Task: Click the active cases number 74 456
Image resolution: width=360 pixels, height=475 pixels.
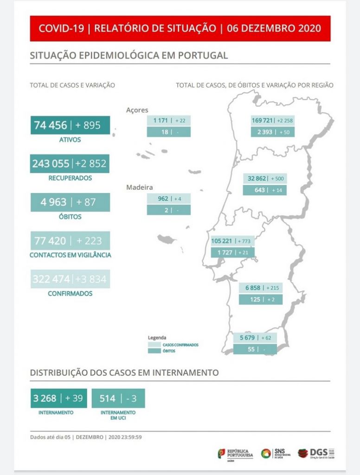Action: (x=51, y=125)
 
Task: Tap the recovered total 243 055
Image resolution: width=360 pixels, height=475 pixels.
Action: (x=51, y=163)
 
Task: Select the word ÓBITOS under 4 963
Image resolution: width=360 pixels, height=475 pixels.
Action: (x=70, y=217)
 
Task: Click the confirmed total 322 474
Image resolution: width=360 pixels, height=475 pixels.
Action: (x=51, y=279)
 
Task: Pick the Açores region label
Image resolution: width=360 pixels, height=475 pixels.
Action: (x=137, y=110)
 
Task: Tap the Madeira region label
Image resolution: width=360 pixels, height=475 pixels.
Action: (x=140, y=187)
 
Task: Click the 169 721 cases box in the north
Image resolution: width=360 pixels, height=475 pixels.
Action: (x=262, y=121)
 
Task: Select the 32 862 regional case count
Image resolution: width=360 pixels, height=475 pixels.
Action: (x=258, y=179)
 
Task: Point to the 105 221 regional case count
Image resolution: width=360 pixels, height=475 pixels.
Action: (x=222, y=241)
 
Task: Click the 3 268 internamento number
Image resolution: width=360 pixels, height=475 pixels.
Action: (x=45, y=398)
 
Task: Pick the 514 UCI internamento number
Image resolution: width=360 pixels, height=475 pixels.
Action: (x=107, y=398)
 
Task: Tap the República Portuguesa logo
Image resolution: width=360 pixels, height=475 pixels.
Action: (x=236, y=453)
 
